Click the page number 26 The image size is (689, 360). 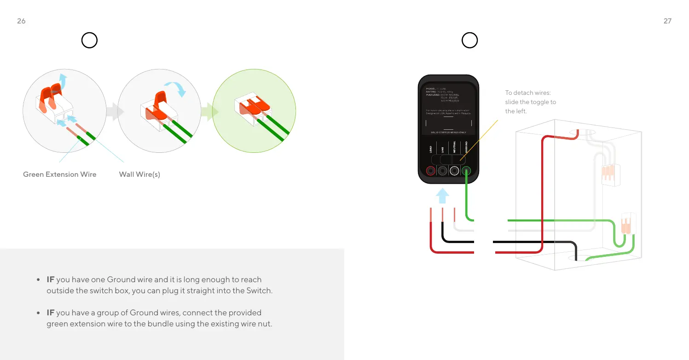[x=21, y=21]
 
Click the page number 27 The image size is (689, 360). [x=667, y=21]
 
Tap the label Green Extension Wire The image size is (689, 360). [x=60, y=174]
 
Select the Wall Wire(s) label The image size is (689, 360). [x=139, y=174]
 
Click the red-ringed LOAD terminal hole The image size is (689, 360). [x=431, y=171]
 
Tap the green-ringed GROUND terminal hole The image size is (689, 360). [x=466, y=171]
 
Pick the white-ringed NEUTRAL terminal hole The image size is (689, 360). [x=454, y=171]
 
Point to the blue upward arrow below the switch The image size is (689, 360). [x=442, y=196]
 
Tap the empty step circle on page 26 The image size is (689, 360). [x=89, y=41]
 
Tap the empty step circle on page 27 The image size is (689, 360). [x=469, y=41]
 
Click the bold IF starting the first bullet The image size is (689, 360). [x=51, y=279]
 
